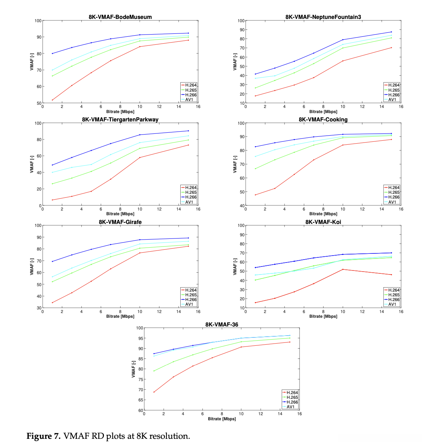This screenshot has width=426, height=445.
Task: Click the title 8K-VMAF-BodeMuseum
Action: click(x=120, y=17)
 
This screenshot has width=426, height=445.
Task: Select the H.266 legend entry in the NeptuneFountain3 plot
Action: click(x=394, y=95)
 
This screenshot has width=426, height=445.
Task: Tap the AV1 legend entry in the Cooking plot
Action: click(x=392, y=202)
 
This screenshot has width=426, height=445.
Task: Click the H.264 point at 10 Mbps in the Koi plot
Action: click(x=343, y=269)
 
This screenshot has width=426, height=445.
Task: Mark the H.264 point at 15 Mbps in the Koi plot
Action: click(x=391, y=274)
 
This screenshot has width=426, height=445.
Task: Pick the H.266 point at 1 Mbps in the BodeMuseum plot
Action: click(x=52, y=53)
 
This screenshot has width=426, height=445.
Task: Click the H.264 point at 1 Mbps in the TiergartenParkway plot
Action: click(x=52, y=200)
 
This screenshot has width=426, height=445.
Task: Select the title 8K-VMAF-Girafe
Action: click(x=120, y=222)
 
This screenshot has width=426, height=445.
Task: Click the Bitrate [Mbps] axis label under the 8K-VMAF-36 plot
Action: click(x=222, y=419)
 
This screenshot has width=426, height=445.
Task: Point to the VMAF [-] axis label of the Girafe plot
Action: click(x=32, y=266)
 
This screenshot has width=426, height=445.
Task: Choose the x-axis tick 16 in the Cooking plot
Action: click(x=401, y=209)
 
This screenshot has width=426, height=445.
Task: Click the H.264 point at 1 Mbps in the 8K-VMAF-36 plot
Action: click(x=154, y=392)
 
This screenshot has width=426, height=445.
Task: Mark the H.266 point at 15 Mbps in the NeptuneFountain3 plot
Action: click(x=391, y=32)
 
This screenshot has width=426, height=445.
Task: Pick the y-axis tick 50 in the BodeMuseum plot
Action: click(x=39, y=103)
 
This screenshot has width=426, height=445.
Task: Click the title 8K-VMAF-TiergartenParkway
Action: click(x=120, y=120)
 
